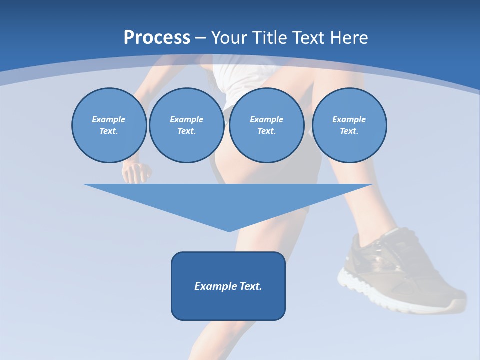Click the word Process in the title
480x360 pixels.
click(157, 37)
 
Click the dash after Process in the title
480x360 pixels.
click(201, 38)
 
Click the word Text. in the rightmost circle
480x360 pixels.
click(349, 131)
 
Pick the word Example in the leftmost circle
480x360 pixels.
click(109, 119)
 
